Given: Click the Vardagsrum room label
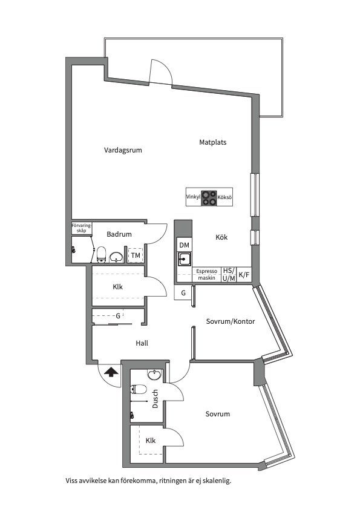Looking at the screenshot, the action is tap(123, 150).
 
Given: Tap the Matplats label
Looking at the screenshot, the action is tap(212, 142).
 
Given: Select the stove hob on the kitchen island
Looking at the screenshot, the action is tap(209, 198).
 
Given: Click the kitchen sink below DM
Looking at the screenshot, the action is tap(185, 259).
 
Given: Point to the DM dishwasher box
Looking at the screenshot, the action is tap(184, 245).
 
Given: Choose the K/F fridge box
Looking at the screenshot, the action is tap(244, 275).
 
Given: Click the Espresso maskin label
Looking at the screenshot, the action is tap(206, 275).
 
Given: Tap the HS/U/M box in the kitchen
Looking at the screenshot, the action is tap(229, 275).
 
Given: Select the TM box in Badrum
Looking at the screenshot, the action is tap(136, 255).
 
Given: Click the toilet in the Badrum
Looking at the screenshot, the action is tap(102, 254).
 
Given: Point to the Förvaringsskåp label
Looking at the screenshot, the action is tap(82, 228).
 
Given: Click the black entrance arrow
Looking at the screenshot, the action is tap(111, 372).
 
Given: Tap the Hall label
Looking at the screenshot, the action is tap(142, 343).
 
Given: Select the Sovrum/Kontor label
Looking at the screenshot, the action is tap(231, 321).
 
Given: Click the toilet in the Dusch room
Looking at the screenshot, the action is tap(139, 389).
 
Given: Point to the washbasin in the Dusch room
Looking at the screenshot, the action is tap(154, 375).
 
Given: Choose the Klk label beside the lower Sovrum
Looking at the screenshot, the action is tap(151, 441).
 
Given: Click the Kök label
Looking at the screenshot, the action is tap(221, 237).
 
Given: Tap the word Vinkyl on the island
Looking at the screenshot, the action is tap(193, 197).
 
